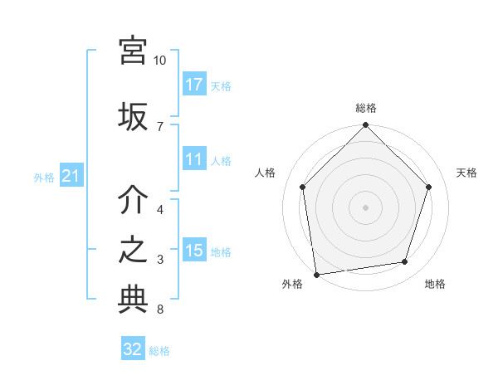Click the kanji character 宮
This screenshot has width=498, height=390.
133,52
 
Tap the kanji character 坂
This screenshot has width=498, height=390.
133,115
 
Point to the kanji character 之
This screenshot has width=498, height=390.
133,251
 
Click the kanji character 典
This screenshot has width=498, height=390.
133,300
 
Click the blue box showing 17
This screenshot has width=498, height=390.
194,85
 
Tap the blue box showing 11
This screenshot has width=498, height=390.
194,160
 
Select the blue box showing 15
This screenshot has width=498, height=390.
194,251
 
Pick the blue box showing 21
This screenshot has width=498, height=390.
71,176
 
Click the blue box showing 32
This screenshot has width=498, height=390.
133,349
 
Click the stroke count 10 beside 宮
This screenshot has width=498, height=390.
160,61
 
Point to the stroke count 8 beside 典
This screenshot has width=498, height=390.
160,310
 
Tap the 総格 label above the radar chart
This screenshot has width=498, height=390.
366,108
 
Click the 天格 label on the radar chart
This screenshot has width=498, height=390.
466,173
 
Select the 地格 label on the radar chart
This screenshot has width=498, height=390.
435,284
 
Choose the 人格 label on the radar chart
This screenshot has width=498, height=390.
265,173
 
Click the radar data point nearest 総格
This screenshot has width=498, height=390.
365,126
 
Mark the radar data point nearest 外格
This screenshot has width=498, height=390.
316,274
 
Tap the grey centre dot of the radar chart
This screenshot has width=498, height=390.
365,207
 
